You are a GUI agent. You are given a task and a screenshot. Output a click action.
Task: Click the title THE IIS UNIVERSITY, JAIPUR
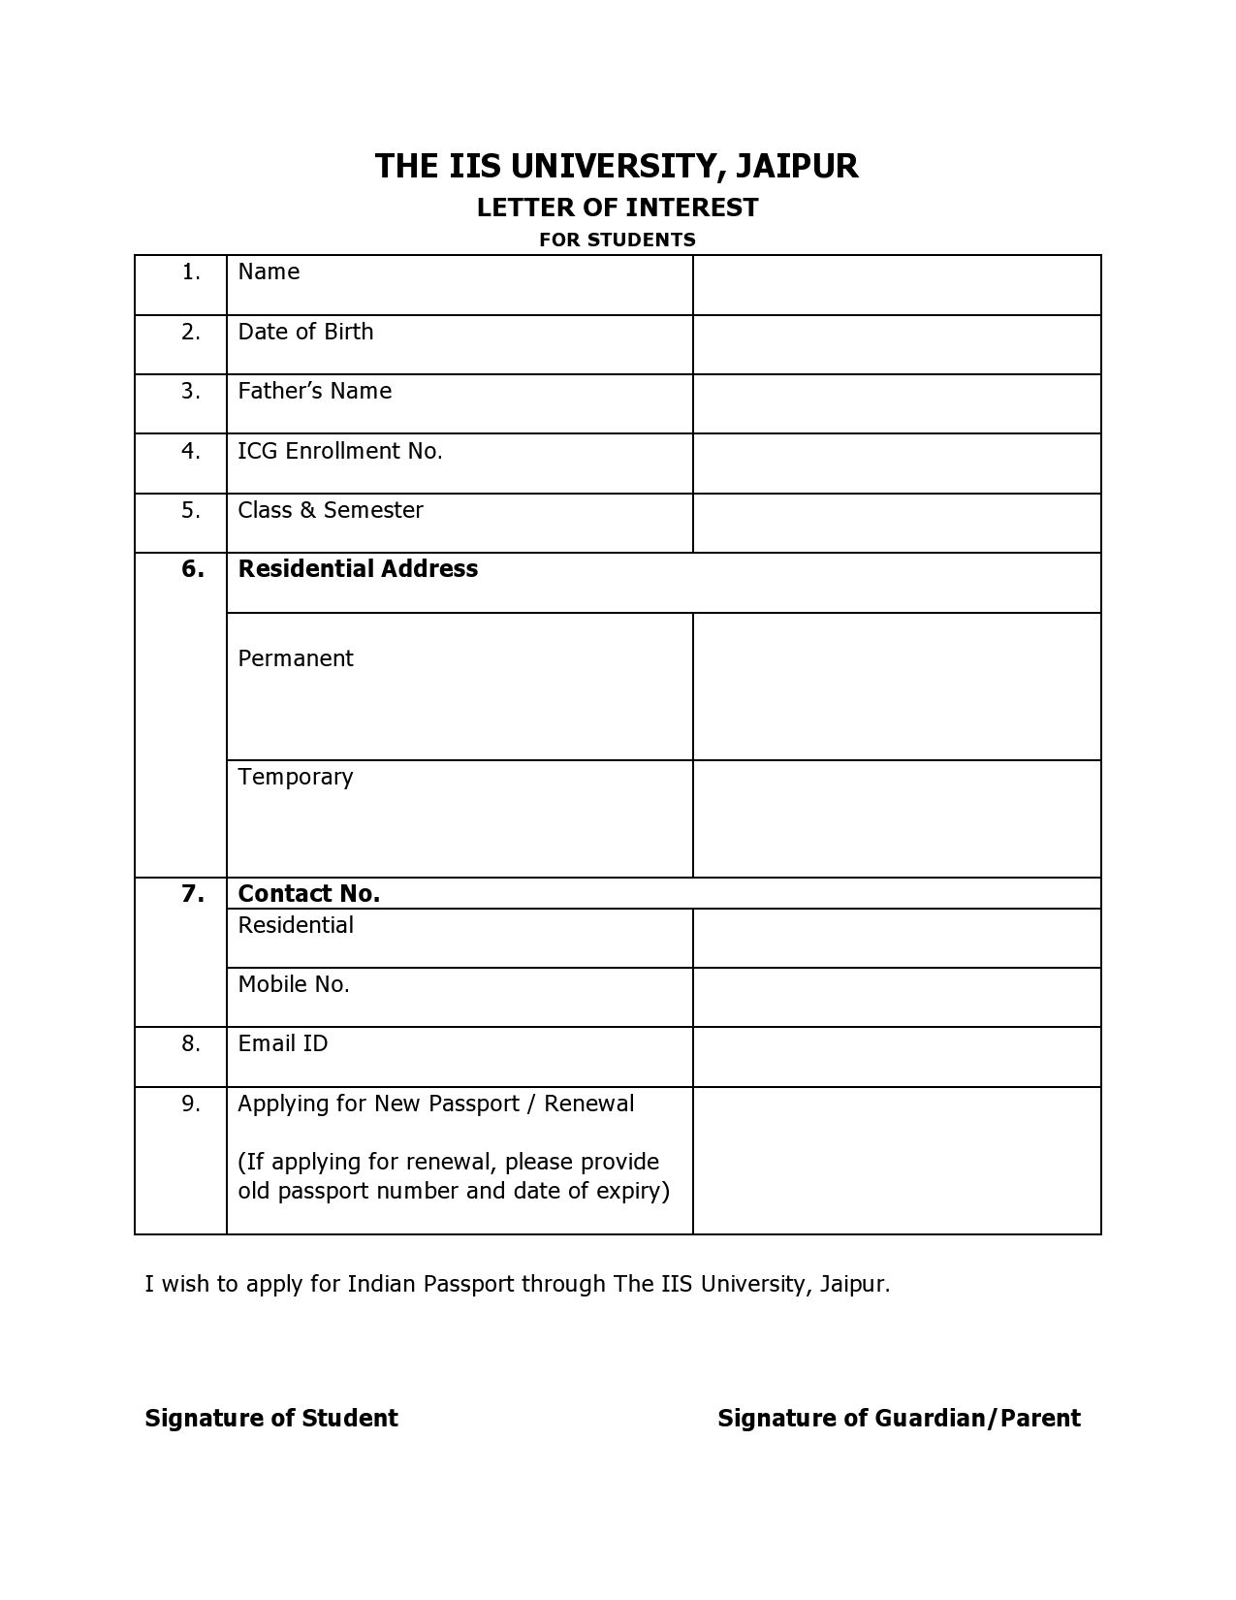(x=617, y=166)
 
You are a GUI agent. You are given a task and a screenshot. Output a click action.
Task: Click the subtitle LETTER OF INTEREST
(x=618, y=208)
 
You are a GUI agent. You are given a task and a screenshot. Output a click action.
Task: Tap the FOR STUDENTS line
(x=618, y=240)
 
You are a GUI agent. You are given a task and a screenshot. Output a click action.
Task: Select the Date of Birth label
(x=305, y=332)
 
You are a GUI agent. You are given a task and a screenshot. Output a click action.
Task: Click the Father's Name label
(x=315, y=391)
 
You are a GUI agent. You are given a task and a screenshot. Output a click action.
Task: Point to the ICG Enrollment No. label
(x=340, y=451)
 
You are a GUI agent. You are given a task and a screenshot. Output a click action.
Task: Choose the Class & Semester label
(x=331, y=510)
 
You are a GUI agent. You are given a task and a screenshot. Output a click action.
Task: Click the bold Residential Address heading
(x=358, y=569)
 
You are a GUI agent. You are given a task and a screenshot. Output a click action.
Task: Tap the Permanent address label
(x=296, y=658)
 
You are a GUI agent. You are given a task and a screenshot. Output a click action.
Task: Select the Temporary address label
(x=296, y=777)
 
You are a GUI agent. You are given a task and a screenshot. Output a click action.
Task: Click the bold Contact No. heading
(x=309, y=894)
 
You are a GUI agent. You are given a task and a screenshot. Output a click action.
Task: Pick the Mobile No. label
(x=294, y=984)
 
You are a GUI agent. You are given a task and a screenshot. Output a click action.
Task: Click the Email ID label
(x=283, y=1043)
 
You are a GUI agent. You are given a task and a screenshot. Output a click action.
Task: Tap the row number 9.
(x=191, y=1104)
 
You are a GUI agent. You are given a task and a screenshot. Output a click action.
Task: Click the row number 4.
(x=191, y=451)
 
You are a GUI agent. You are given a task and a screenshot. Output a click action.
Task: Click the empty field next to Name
(x=897, y=285)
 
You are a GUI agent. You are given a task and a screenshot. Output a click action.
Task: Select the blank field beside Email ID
(x=897, y=1057)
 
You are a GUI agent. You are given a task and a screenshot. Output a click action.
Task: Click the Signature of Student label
(x=271, y=1419)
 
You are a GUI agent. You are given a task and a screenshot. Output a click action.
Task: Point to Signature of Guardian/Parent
(x=899, y=1419)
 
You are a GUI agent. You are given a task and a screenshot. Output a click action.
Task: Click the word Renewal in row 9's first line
(x=589, y=1104)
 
